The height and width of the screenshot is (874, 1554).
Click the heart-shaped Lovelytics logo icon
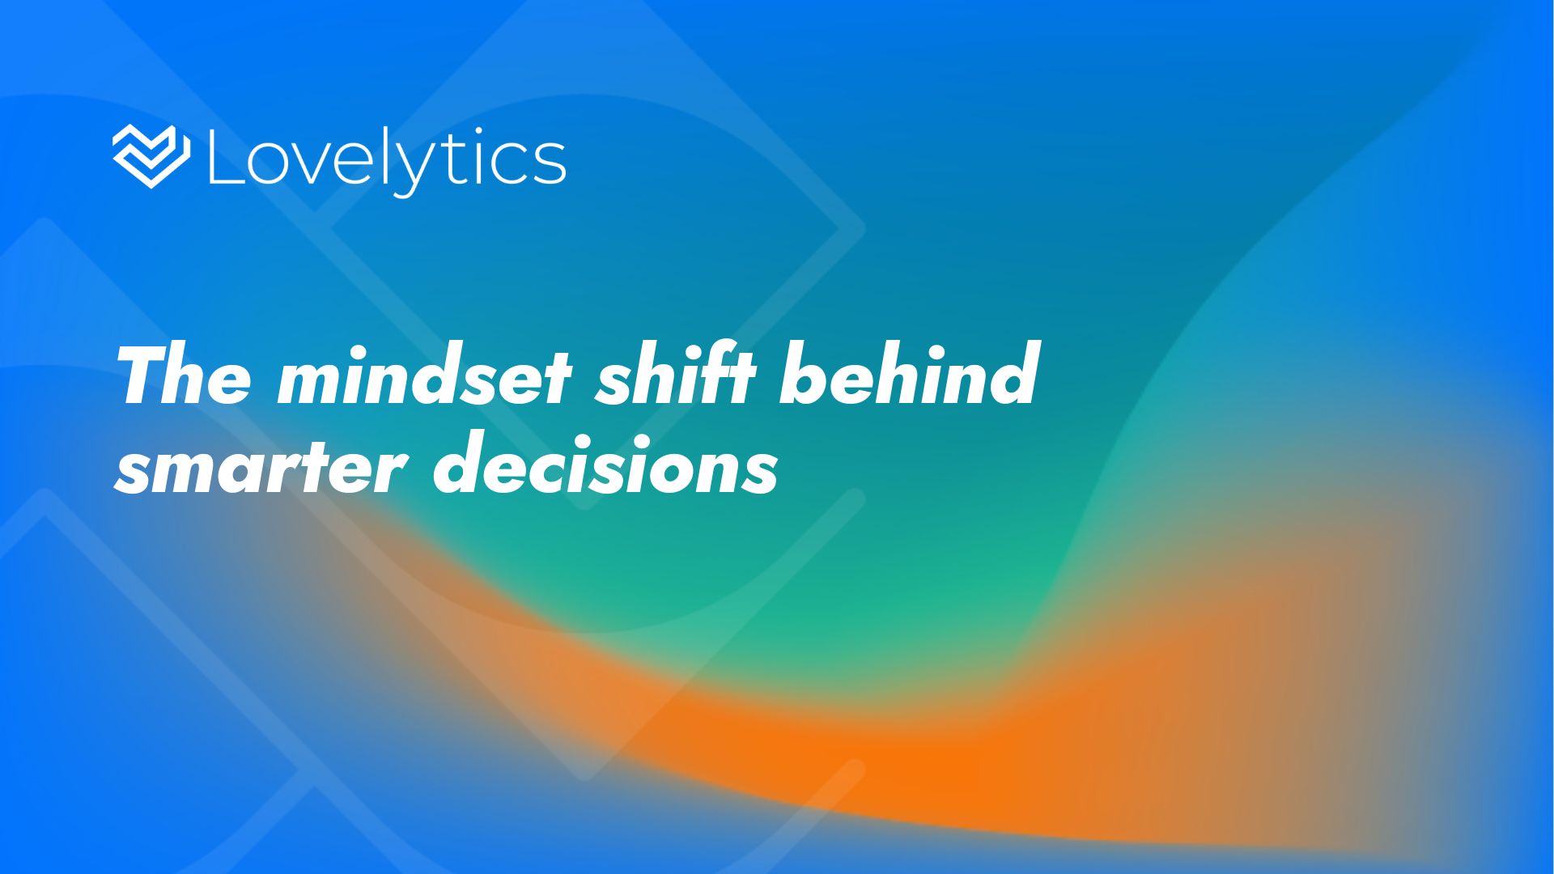pos(151,157)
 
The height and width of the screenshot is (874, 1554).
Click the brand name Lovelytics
pos(387,160)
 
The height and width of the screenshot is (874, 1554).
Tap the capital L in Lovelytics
pos(223,156)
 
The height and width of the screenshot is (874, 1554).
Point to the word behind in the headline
pos(907,375)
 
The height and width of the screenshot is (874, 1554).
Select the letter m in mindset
pos(312,384)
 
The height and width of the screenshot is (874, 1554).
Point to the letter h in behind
pos(899,375)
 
